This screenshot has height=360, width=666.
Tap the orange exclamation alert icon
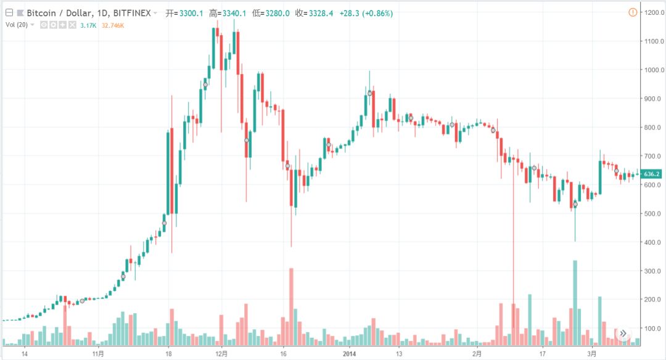coord(633,13)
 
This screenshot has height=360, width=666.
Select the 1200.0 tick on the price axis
coord(653,12)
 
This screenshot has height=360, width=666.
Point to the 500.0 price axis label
coord(653,214)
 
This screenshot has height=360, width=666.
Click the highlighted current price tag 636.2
coord(652,174)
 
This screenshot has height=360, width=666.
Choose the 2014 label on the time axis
coord(350,354)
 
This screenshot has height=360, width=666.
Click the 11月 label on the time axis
coord(97,354)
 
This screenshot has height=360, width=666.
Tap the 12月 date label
coord(222,354)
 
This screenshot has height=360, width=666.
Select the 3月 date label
coord(592,354)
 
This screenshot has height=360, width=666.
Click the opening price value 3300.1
coord(192,13)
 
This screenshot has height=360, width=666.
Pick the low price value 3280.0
coord(277,13)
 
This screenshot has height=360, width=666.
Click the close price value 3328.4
coord(319,13)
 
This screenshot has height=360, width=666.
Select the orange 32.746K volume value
coord(114,25)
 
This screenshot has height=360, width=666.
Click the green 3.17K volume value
coord(89,25)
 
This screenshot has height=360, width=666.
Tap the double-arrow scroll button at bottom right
coord(624,333)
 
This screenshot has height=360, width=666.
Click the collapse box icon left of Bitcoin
coord(9,13)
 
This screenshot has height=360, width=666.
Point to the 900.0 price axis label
coord(653,99)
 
